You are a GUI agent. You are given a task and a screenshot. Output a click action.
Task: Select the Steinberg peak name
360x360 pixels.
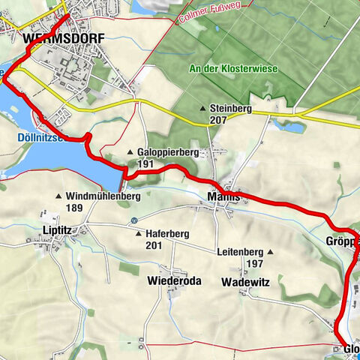tap(231, 109)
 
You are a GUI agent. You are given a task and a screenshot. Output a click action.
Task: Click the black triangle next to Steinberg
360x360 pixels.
tap(203, 109)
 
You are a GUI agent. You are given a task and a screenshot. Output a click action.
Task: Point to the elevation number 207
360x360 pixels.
tap(218, 120)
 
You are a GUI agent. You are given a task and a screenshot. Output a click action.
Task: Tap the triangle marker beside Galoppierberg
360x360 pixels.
tap(130, 151)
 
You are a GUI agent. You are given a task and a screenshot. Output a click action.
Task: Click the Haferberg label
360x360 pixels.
tap(168, 234)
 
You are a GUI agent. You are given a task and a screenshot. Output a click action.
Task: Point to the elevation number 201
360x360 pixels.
tap(153, 245)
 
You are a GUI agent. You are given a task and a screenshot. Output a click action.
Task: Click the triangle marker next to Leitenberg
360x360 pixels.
tap(270, 253)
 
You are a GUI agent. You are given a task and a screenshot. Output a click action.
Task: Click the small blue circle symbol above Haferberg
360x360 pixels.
tap(133, 220)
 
